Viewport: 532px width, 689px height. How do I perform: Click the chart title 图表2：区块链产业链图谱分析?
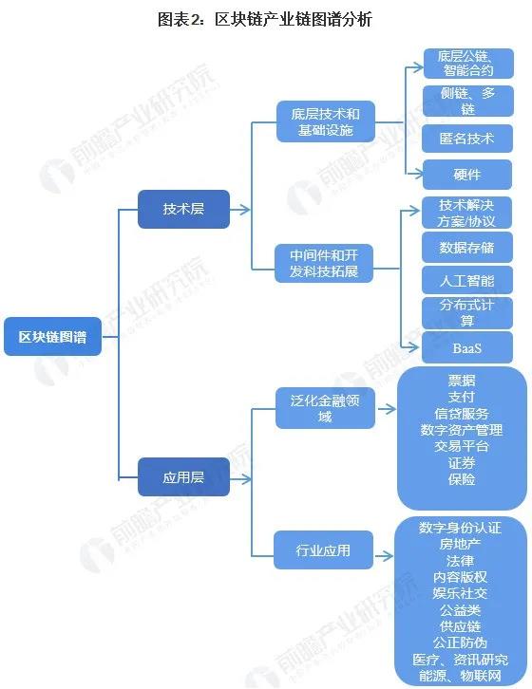(x=265, y=19)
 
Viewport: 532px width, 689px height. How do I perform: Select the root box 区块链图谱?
(x=53, y=337)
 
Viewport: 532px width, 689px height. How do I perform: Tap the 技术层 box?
(x=183, y=209)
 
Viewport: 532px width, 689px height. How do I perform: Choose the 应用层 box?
(x=183, y=476)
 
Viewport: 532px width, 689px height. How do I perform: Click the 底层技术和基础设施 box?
(x=326, y=121)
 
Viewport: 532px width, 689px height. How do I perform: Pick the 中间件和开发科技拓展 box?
(x=324, y=263)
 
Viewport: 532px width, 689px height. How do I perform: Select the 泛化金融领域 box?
(x=325, y=408)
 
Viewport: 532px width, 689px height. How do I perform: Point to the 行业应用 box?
(x=323, y=549)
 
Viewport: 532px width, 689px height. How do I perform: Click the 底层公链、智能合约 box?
(x=468, y=64)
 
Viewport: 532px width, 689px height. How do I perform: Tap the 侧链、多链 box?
(x=467, y=101)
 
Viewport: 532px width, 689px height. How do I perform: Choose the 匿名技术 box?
(x=466, y=139)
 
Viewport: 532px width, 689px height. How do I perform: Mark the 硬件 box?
(x=466, y=175)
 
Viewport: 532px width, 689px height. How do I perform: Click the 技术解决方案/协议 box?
(x=466, y=213)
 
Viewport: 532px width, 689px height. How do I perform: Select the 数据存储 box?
(x=466, y=248)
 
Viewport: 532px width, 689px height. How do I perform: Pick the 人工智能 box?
(x=466, y=280)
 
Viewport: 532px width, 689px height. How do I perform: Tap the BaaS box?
(x=466, y=347)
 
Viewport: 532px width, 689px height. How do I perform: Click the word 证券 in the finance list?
(x=462, y=463)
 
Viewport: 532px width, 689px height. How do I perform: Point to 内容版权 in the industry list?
(x=460, y=577)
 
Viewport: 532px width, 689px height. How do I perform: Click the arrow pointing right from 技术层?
(x=239, y=209)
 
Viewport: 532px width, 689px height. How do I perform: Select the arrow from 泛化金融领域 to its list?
(x=387, y=409)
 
